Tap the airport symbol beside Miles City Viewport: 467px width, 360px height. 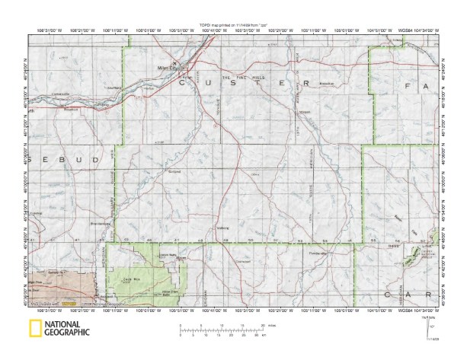(174, 62)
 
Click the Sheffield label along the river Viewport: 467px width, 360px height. (114, 88)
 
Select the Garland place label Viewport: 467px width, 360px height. (173, 173)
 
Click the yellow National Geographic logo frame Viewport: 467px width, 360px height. (34, 329)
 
